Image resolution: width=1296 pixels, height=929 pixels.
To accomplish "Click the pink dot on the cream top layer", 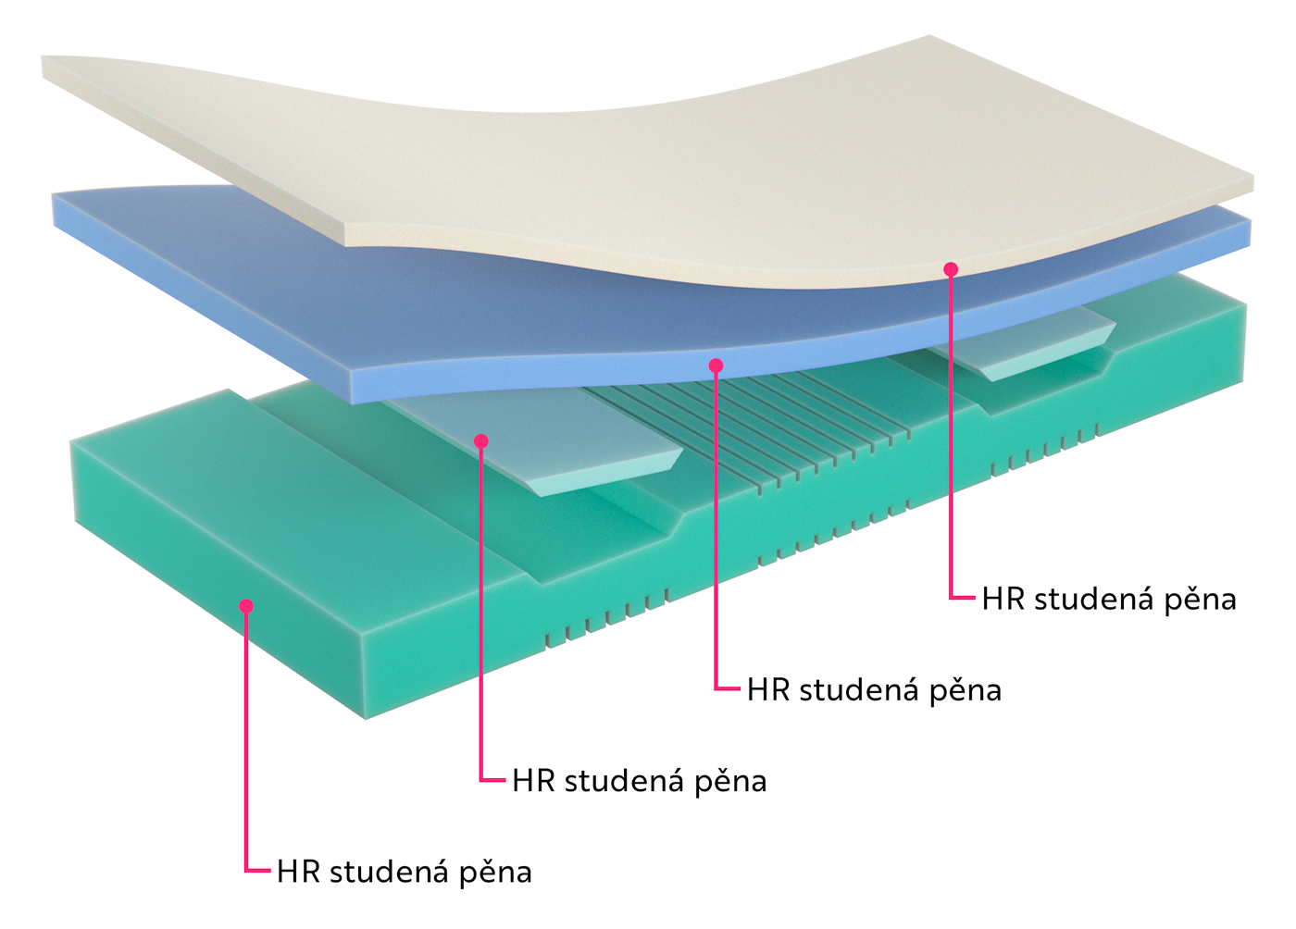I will coord(951,269).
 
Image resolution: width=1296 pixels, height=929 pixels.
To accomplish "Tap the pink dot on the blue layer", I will coord(716,366).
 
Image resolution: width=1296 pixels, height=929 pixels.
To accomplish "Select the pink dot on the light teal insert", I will coord(480,441).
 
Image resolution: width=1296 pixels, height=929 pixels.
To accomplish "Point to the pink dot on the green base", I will coord(246,606).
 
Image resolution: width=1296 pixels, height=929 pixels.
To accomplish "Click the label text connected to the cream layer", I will coord(1108,600).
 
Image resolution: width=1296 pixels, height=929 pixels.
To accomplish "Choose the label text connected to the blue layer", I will coord(874,690).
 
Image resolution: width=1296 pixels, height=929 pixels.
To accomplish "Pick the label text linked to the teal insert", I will coord(639,781).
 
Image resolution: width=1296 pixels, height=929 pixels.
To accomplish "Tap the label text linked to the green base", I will coord(404,872).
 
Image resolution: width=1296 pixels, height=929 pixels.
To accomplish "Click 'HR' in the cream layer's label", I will coord(1003,600).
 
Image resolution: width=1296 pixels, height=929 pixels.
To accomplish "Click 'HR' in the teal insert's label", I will coord(532,781).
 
